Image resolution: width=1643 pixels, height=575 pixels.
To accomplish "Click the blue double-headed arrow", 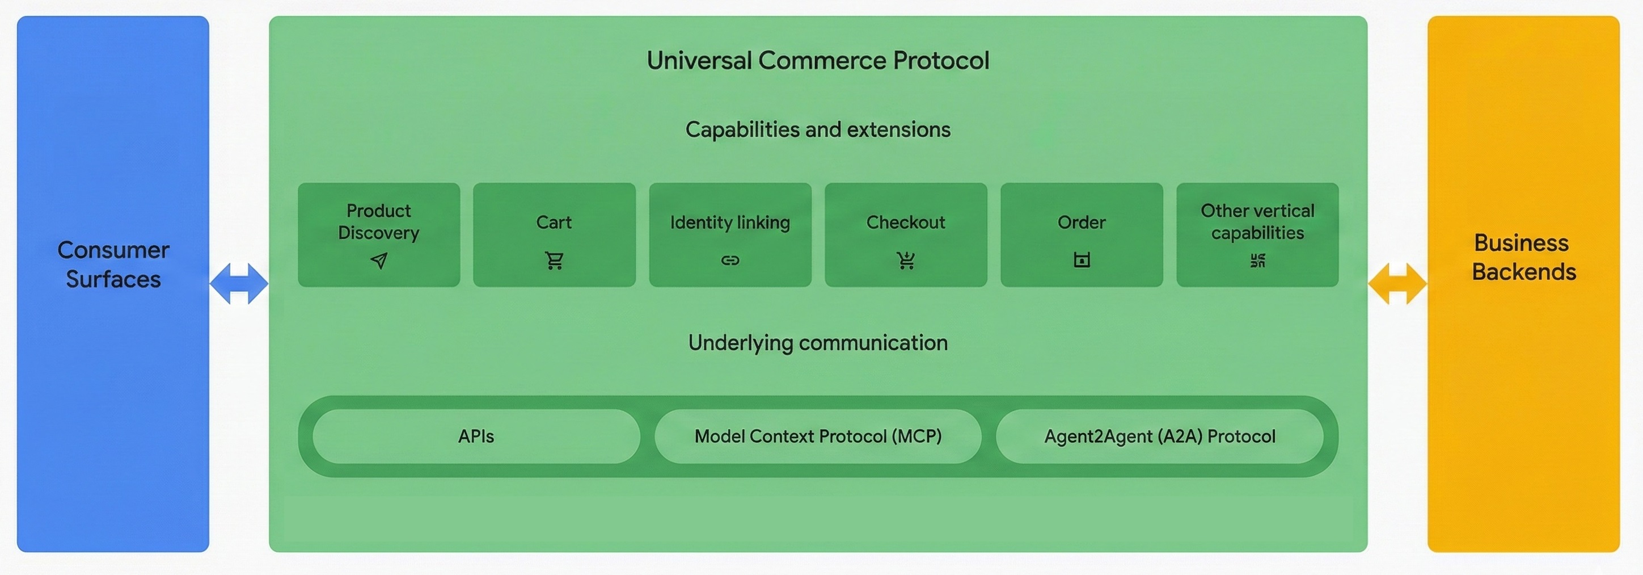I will tap(239, 283).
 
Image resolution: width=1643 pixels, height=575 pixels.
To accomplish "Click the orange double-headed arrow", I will tap(1397, 283).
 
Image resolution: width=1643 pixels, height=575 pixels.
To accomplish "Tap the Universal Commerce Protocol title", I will tap(818, 61).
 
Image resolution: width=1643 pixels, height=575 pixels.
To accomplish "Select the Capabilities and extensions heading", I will tap(818, 129).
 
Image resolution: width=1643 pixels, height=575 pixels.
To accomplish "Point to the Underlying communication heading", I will tap(818, 343).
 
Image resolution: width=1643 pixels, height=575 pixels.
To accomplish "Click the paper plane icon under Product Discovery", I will tap(379, 261).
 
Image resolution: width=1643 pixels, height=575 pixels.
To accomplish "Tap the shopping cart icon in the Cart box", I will tap(554, 261).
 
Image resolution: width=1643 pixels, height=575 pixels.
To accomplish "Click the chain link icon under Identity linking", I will tap(730, 261).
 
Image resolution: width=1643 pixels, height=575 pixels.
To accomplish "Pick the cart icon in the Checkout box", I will tap(906, 261).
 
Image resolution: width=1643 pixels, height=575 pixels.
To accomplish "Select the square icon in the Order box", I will tap(1082, 261).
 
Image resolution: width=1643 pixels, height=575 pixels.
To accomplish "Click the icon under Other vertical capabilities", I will tap(1257, 261).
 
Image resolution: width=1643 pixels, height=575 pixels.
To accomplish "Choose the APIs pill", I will tap(476, 437).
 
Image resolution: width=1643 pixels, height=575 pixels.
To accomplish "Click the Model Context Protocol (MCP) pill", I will tap(818, 437).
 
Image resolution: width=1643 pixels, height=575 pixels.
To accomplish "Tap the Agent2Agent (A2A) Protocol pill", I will tap(1160, 437).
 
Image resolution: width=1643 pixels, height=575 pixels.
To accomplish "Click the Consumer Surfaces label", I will tap(113, 264).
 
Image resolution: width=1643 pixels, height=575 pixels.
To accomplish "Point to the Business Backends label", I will tap(1523, 257).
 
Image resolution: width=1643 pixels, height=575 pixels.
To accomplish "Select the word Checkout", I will tap(906, 222).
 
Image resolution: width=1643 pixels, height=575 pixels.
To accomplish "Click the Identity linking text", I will tap(730, 222).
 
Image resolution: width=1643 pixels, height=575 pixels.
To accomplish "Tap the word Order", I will tap(1082, 222).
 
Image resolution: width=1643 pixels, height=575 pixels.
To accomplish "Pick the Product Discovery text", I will tap(379, 221).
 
